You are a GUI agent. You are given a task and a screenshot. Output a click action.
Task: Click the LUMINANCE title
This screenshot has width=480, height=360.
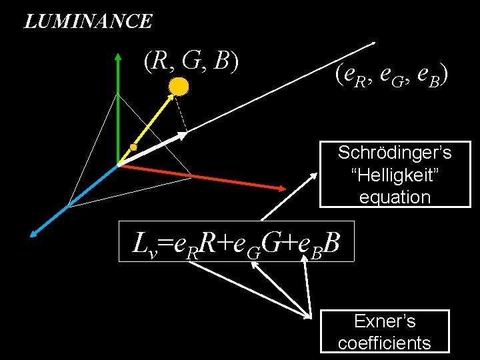pos(88,21)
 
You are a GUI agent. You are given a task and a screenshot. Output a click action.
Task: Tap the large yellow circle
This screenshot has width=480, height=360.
pos(179,86)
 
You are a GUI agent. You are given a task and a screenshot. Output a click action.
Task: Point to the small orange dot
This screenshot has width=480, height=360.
pos(133,147)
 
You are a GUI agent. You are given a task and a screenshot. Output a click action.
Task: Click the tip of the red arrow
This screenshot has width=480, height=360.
pos(287,189)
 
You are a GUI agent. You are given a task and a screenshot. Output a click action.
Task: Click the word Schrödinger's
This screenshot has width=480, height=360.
pos(395,153)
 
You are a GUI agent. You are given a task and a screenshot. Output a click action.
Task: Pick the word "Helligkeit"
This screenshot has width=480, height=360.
pos(395,175)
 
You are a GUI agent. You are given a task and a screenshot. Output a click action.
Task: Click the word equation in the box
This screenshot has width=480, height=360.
pos(395,197)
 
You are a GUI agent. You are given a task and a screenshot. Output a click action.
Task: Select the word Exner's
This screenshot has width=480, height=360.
pos(385,321)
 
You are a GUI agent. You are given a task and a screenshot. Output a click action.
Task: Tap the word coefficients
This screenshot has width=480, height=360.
pos(385,343)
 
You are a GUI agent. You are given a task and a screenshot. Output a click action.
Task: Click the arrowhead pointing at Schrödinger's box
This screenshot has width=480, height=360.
pos(314,175)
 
